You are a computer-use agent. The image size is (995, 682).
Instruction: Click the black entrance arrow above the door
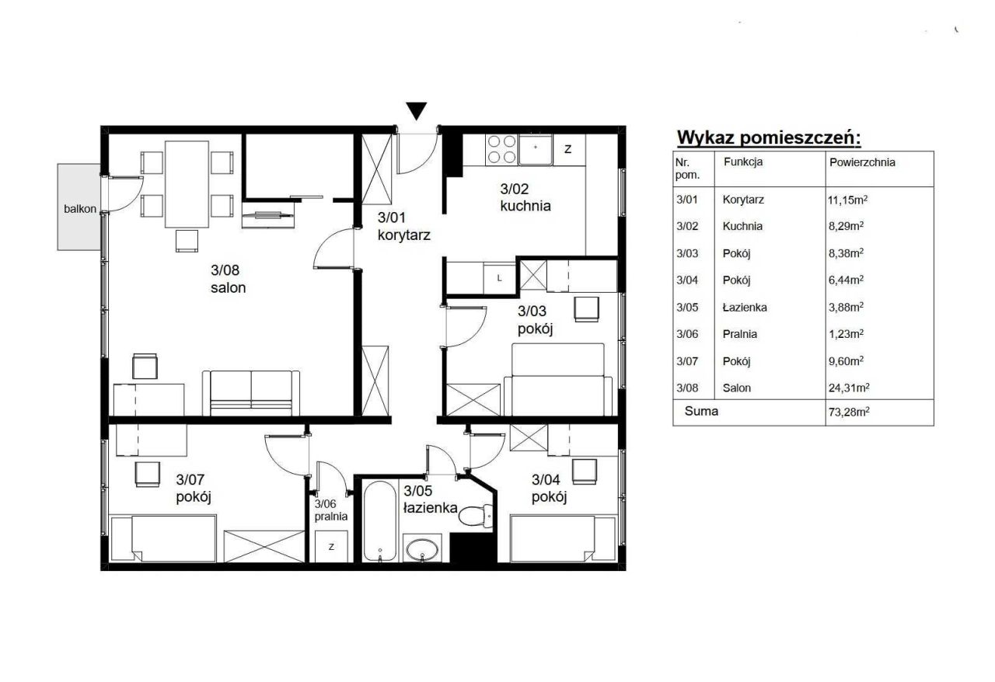click(x=416, y=110)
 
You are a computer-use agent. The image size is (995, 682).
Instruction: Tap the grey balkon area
click(x=79, y=207)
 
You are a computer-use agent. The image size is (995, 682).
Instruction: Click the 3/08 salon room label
click(x=228, y=279)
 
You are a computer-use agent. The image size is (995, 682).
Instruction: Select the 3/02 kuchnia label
click(x=525, y=197)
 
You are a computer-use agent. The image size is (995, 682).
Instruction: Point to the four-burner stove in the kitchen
click(x=501, y=149)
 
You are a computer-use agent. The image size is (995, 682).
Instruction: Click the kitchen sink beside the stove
click(x=536, y=150)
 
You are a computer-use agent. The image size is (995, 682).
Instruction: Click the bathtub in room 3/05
click(x=380, y=521)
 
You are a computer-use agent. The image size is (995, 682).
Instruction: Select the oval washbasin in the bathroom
click(x=421, y=549)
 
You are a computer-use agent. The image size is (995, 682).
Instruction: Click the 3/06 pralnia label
click(x=331, y=510)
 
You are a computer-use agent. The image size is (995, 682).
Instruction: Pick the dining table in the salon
click(x=187, y=184)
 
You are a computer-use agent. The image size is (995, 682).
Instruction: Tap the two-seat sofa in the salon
click(x=251, y=393)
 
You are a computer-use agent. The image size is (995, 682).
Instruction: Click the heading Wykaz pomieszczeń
click(x=769, y=137)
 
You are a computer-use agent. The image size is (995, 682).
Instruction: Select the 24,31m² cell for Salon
click(x=849, y=388)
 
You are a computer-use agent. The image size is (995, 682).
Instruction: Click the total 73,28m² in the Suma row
click(x=849, y=412)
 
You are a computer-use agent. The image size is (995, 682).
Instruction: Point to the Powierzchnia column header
click(x=862, y=162)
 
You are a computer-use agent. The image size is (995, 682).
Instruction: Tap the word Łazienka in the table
click(x=745, y=308)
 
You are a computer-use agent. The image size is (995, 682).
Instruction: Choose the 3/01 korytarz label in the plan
click(x=403, y=226)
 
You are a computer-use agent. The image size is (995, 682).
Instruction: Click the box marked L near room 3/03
click(x=499, y=278)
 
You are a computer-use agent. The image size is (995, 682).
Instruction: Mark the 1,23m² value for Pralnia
click(x=847, y=334)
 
